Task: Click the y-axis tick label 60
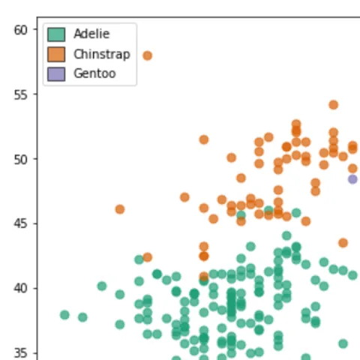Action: [20, 30]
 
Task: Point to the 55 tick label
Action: [20, 94]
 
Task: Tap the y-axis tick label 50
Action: [20, 160]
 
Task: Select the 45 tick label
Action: [20, 223]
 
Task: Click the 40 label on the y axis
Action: [20, 289]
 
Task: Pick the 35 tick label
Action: [20, 353]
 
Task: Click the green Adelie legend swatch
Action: [56, 34]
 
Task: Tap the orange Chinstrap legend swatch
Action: [56, 54]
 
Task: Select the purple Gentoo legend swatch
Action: [56, 74]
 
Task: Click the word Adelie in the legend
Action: [91, 34]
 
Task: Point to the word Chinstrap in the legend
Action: [102, 54]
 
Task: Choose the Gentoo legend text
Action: [94, 73]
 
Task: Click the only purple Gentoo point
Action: [352, 179]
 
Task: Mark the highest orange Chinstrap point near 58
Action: [148, 55]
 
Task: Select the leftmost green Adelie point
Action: [64, 315]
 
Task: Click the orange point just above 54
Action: [334, 105]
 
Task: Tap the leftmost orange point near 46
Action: [120, 209]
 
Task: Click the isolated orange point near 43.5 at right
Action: [343, 243]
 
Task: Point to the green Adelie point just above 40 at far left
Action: [102, 286]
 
